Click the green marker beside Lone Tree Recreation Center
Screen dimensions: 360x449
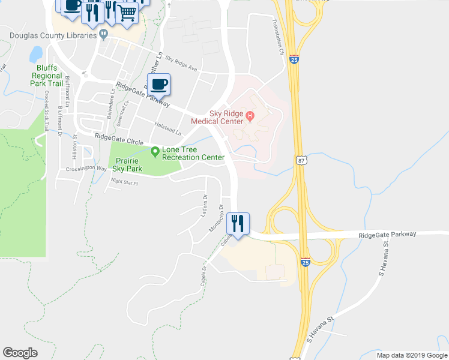click(155, 152)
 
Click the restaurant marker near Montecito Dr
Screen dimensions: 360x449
click(237, 224)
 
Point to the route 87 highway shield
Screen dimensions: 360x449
click(301, 160)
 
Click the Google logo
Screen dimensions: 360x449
click(20, 353)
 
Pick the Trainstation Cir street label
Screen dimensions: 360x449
click(277, 37)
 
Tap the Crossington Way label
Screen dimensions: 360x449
click(85, 169)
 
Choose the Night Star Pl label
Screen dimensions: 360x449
click(124, 182)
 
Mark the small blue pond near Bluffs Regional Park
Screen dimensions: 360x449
click(35, 55)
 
